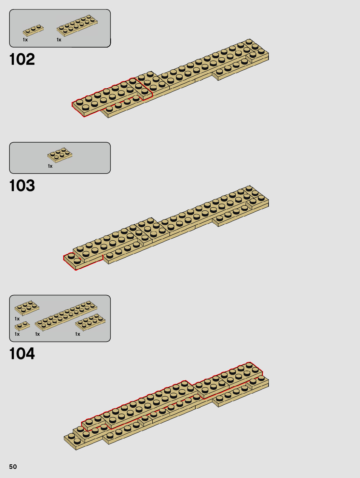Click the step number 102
point(22,59)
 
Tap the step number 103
point(22,186)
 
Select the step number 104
point(22,354)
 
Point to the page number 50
point(13,467)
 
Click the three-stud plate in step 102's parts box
point(33,30)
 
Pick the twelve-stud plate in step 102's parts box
point(77,25)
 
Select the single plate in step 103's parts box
point(60,155)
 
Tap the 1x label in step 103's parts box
point(50,166)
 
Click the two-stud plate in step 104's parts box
point(22,326)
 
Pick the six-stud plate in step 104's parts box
point(27,307)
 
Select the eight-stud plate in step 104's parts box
point(90,322)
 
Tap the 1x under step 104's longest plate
point(37,334)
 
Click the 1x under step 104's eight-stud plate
point(77,334)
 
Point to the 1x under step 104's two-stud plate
point(17,334)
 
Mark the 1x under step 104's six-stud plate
point(17,319)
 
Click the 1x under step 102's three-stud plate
point(25,40)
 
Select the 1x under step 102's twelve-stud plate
point(59,40)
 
